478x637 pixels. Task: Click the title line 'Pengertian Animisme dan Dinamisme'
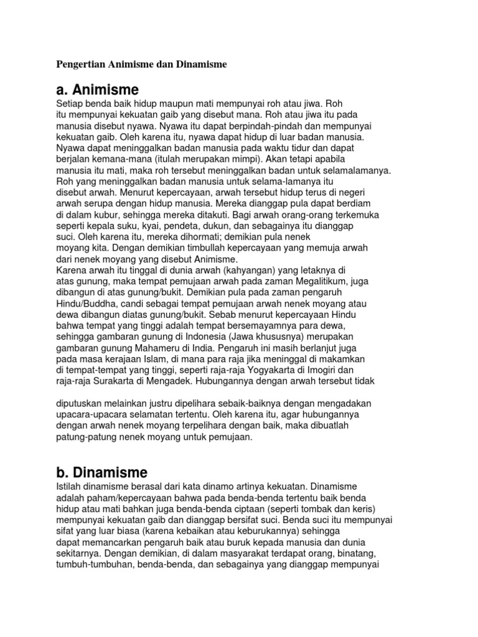click(x=142, y=63)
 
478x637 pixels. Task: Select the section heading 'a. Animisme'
click(x=97, y=89)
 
